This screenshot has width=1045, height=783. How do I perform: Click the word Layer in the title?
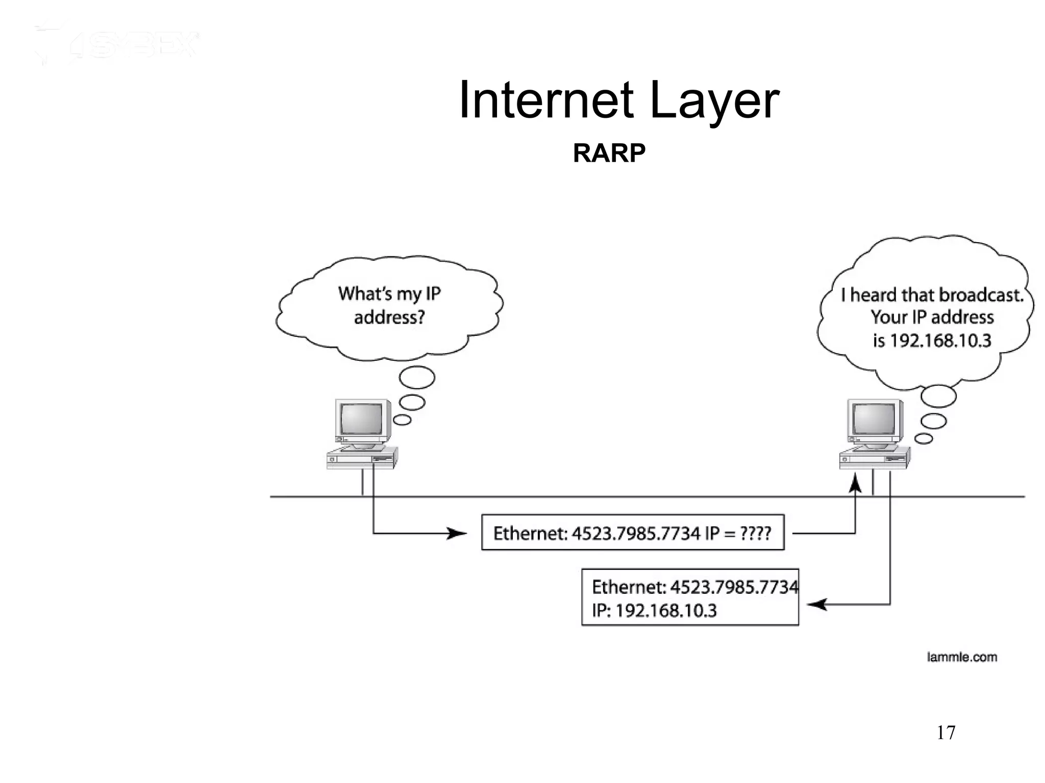pos(714,100)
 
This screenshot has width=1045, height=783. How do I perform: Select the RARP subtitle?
pos(609,153)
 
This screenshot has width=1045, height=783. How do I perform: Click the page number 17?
pos(946,733)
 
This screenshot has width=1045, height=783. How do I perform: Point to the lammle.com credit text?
pos(961,657)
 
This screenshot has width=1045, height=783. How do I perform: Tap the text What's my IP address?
pos(389,305)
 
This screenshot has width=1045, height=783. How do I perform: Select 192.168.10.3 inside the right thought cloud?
pos(940,341)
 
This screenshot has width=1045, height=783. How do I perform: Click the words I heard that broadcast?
pos(932,295)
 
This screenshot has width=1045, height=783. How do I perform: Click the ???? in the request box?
pos(755,533)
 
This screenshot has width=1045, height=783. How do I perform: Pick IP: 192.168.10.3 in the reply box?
pos(654,610)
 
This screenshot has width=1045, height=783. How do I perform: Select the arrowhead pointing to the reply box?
pos(816,605)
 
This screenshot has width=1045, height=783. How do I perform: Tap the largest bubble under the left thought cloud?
pos(417,378)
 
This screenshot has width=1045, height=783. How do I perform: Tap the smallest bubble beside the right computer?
pos(924,438)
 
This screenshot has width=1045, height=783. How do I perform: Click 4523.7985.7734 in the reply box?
pos(734,587)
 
